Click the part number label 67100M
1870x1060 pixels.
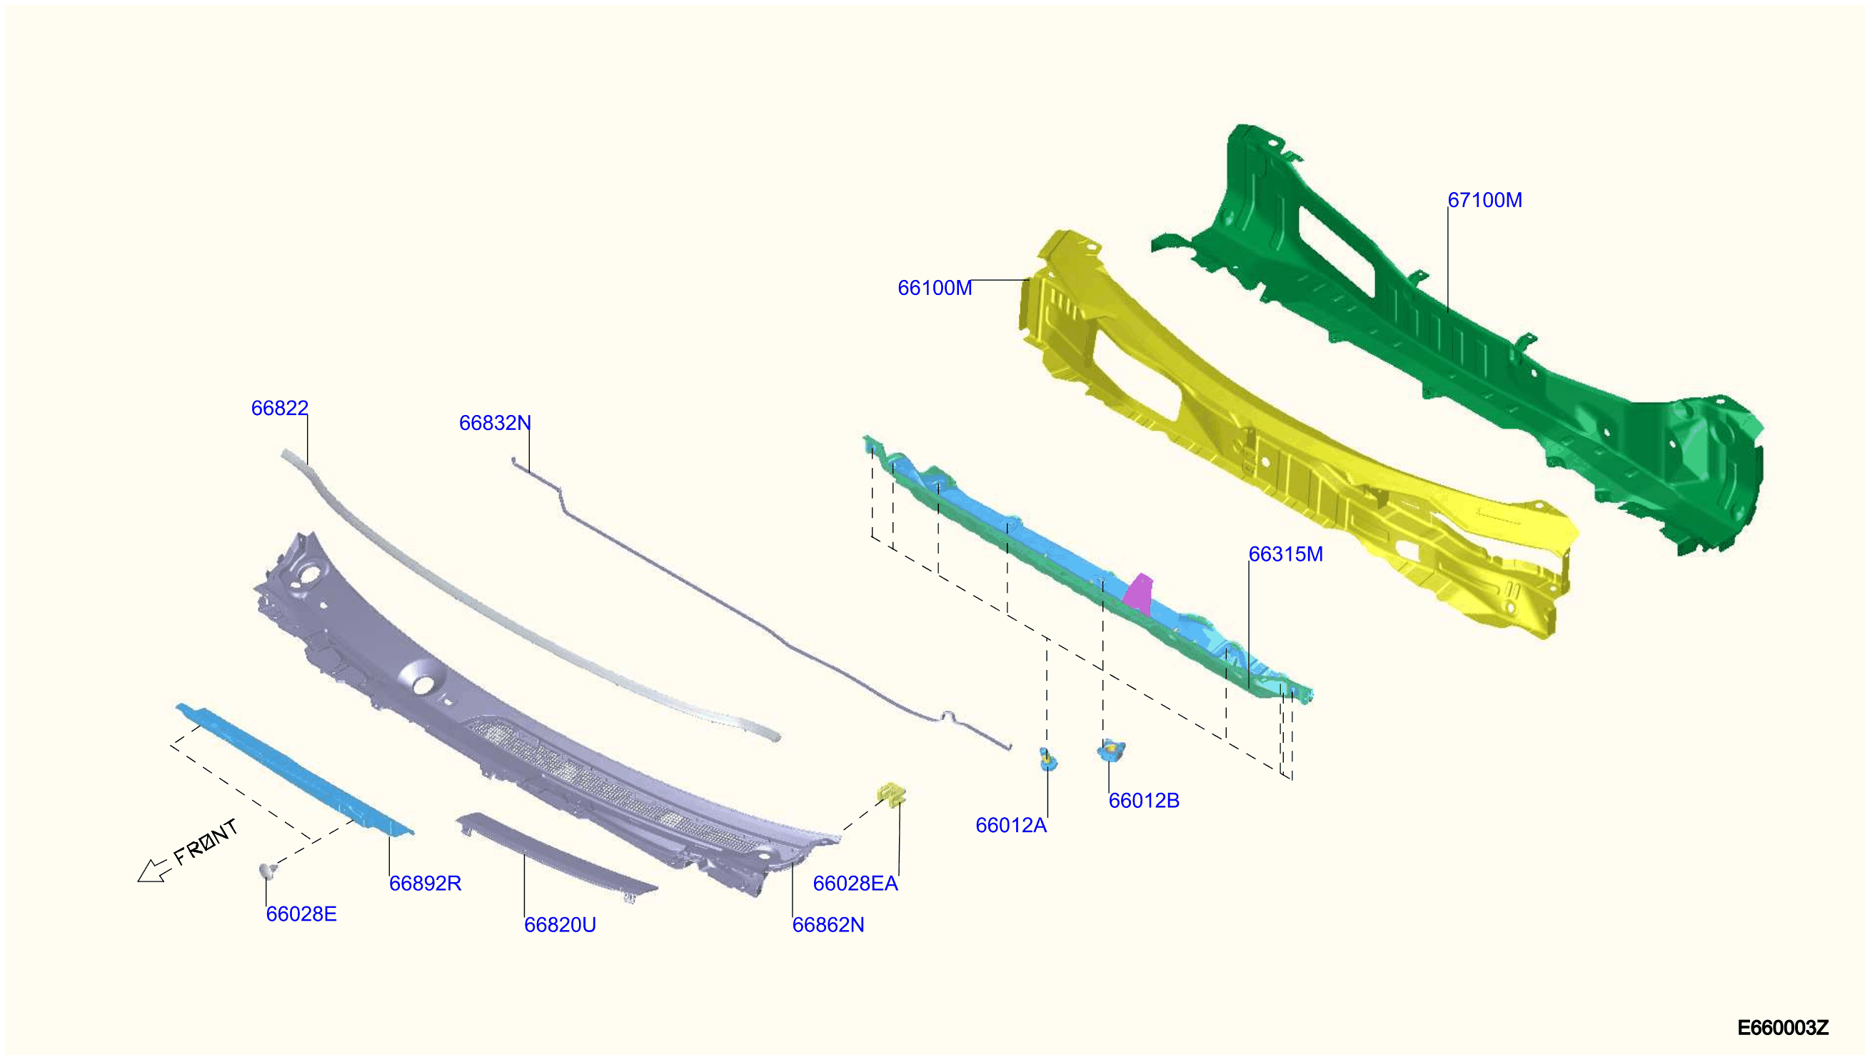tap(1484, 200)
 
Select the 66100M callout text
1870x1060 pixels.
tap(934, 289)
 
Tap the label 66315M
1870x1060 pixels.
tap(1285, 555)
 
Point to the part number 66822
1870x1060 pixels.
tap(279, 409)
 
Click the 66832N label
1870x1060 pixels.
tap(495, 423)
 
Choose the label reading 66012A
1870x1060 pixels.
tap(1010, 826)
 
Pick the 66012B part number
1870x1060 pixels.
tap(1144, 801)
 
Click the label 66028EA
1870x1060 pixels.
tap(855, 884)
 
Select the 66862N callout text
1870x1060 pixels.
tap(828, 925)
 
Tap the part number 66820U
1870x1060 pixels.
tap(560, 925)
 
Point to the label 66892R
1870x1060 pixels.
tap(425, 884)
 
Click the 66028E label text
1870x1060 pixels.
tap(301, 914)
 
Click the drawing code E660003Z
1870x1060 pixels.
tap(1783, 1028)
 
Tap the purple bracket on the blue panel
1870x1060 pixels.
tap(1138, 593)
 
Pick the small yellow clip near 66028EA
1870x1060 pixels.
tap(891, 793)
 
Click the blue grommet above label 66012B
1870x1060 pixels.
tap(1111, 750)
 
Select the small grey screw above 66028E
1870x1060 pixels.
tap(268, 871)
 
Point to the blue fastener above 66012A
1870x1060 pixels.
tap(1047, 759)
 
